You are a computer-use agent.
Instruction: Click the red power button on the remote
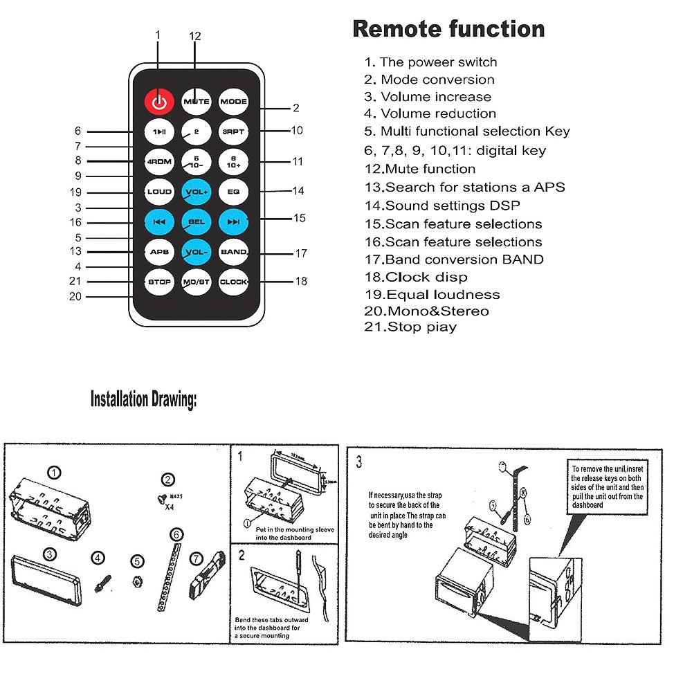[159, 102]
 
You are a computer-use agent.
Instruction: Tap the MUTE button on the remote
[196, 102]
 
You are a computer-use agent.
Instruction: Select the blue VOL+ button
[196, 192]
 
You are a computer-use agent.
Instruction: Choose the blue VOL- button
[196, 252]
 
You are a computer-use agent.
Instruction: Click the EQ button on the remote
[233, 192]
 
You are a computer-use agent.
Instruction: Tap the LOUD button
[159, 192]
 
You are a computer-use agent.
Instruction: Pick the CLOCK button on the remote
[233, 282]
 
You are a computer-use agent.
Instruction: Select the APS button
[159, 252]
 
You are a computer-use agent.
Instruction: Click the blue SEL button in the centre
[196, 222]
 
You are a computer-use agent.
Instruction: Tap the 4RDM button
[159, 162]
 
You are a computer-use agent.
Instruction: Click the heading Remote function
[448, 29]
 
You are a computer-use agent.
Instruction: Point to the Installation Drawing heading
[143, 400]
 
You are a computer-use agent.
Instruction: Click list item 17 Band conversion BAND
[454, 259]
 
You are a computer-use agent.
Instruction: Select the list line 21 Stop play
[410, 327]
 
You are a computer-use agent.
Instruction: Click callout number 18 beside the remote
[301, 282]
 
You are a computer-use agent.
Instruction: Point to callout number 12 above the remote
[195, 36]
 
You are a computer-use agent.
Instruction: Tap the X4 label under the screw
[167, 506]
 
